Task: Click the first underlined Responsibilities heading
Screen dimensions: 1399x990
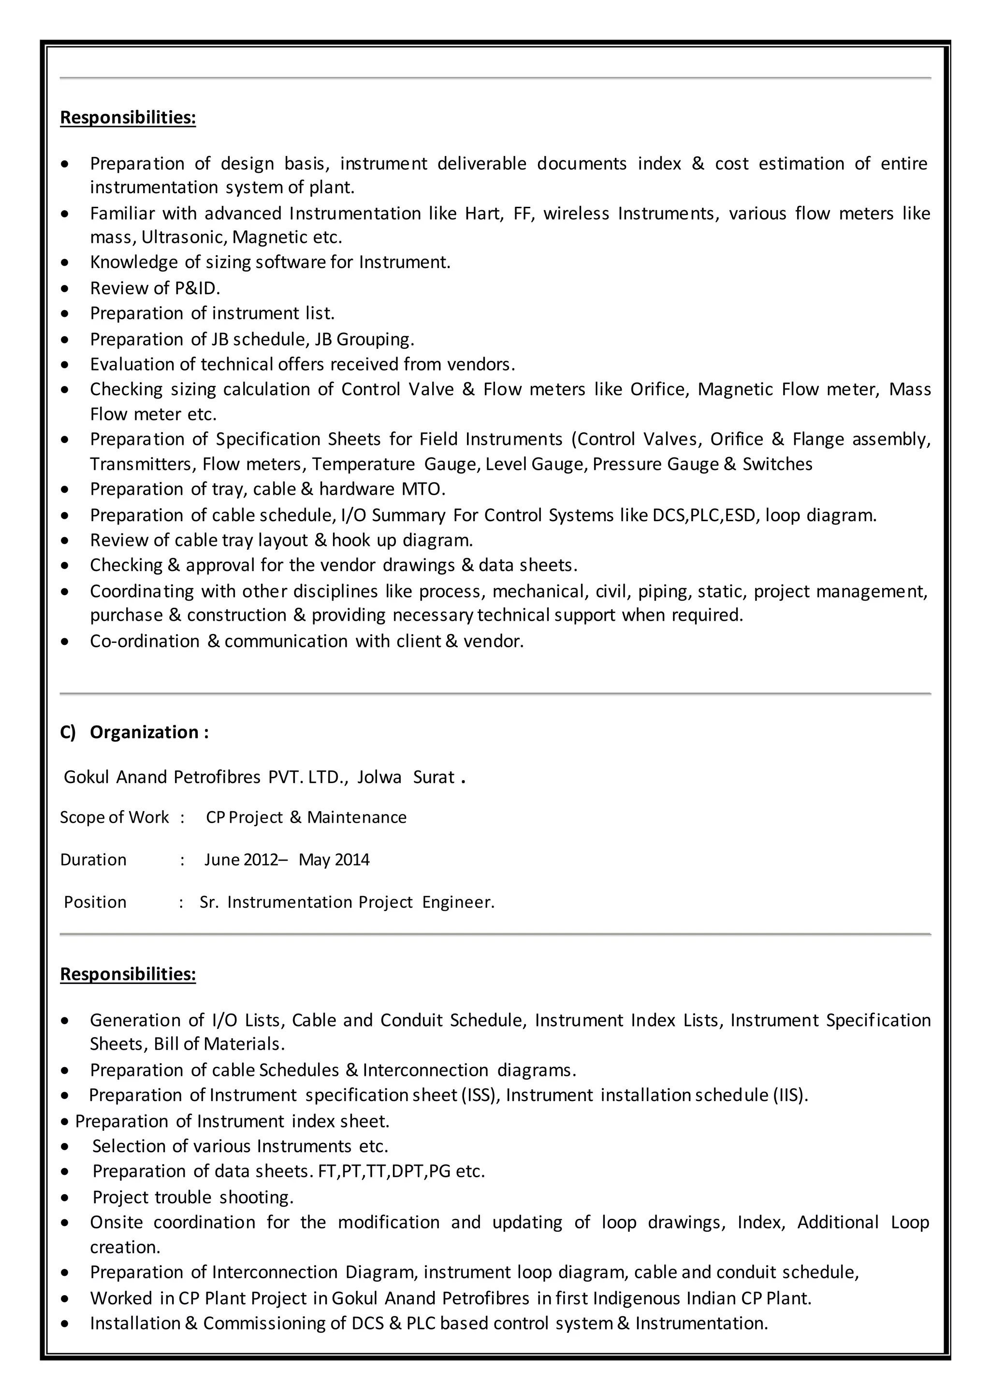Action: point(128,117)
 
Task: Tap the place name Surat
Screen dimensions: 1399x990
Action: point(434,777)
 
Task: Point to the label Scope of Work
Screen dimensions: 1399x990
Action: point(114,817)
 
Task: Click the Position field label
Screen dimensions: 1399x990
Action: point(95,902)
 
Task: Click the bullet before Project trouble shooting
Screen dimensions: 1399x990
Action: point(65,1198)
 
